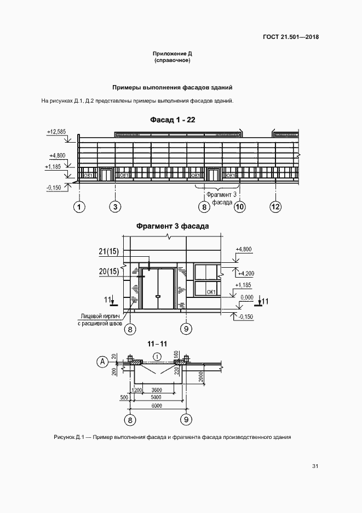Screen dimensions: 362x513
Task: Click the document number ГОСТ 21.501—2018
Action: coord(290,37)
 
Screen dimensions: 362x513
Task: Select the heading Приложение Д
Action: coord(173,53)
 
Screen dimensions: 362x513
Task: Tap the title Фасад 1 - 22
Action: coord(173,120)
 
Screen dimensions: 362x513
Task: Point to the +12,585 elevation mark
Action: coord(56,132)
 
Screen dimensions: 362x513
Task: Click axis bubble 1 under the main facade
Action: coord(79,207)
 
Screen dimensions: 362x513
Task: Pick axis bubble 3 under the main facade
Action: coord(115,207)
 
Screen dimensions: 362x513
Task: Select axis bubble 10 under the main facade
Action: coord(240,207)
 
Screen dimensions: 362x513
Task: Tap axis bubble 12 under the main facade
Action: coord(276,207)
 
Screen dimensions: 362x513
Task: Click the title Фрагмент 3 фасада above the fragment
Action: coord(173,226)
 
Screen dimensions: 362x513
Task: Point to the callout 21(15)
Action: coord(108,252)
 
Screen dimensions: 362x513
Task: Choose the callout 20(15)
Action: coord(108,272)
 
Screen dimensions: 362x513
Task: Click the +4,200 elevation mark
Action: coord(246,274)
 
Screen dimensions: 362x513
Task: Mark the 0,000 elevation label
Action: coord(247,297)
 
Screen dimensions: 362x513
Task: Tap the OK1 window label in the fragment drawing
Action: coord(211,292)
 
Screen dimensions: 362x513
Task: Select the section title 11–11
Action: coord(157,344)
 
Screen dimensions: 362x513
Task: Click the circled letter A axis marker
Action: coord(103,362)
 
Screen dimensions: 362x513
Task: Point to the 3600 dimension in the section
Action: coord(157,390)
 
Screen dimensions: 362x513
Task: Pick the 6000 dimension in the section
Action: coord(157,406)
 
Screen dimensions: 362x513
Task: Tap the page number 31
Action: coord(315,466)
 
